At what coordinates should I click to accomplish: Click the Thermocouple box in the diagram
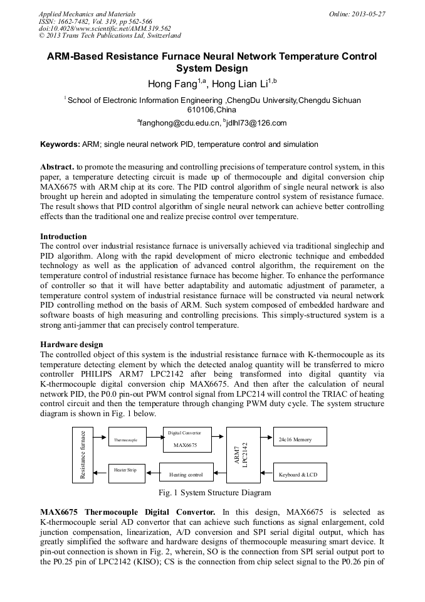tap(127, 440)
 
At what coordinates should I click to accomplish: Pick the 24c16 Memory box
tap(300, 439)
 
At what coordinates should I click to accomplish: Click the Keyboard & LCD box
tap(300, 474)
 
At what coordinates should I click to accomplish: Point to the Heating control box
tap(186, 475)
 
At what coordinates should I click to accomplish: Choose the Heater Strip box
tap(127, 473)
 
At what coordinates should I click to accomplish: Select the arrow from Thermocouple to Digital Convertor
tap(155, 440)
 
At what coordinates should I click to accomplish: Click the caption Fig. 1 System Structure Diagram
tap(216, 493)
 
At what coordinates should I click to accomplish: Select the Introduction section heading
tap(63, 237)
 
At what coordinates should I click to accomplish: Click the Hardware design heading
tap(71, 345)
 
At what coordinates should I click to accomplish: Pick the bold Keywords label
tap(60, 144)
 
